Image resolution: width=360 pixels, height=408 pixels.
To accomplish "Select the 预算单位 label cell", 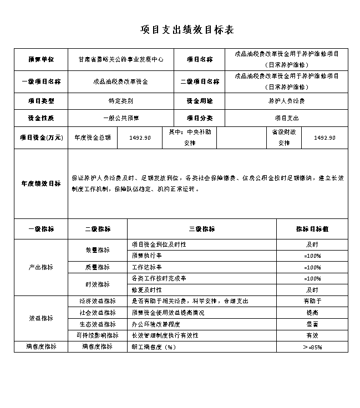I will pos(40,59).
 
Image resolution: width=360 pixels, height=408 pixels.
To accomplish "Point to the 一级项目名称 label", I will pos(40,81).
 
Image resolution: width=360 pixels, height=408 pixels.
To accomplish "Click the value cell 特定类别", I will pos(120,101).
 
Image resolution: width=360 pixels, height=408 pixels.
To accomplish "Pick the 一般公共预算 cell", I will pos(120,118).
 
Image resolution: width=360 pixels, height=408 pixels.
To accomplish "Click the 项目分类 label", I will pos(200,118).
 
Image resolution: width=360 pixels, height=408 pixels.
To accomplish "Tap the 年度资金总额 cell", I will pos(93,137).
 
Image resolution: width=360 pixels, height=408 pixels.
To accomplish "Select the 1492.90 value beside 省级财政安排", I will pos(324,137).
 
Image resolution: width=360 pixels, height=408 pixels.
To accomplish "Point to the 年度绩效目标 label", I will pos(40,183).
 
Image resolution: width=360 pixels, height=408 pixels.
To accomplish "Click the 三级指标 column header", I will pos(201,228).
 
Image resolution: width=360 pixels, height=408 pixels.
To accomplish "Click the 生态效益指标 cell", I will pos(97,324).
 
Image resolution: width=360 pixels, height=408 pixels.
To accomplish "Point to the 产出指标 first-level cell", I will pos(40,267).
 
